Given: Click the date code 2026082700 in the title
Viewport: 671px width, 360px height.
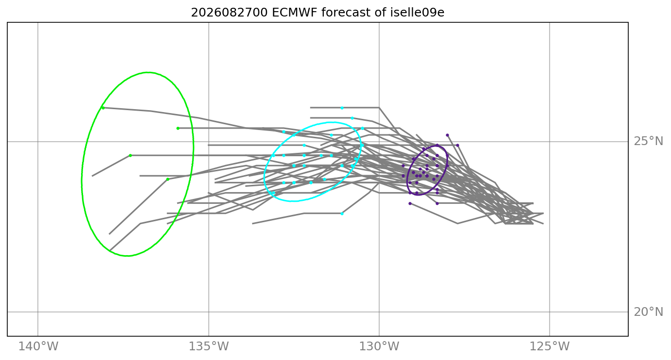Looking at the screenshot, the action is coord(229,13).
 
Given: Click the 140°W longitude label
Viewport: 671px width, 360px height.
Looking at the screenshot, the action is coord(38,346).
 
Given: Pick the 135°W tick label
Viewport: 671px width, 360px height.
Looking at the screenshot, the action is coord(209,346).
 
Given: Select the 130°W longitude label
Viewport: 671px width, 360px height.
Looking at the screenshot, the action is coord(379,346).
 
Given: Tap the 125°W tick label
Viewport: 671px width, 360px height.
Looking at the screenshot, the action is coord(550,346).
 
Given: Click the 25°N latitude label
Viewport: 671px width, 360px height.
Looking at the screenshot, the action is coord(649,141).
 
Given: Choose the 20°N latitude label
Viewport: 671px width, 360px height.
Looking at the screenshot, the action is coord(649,312).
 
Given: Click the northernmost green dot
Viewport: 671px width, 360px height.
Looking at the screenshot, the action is coord(103,108).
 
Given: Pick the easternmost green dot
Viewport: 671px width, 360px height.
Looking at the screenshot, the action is coord(178,129).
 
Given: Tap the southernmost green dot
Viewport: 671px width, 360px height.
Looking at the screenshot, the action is coord(168,179).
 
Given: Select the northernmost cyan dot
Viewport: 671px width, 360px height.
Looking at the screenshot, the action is coord(342,108).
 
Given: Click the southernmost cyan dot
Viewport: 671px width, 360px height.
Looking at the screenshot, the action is coord(342,213).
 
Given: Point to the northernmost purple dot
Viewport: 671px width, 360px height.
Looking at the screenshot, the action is coord(448,135).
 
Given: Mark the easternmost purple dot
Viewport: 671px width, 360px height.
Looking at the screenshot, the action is coord(458,146).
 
